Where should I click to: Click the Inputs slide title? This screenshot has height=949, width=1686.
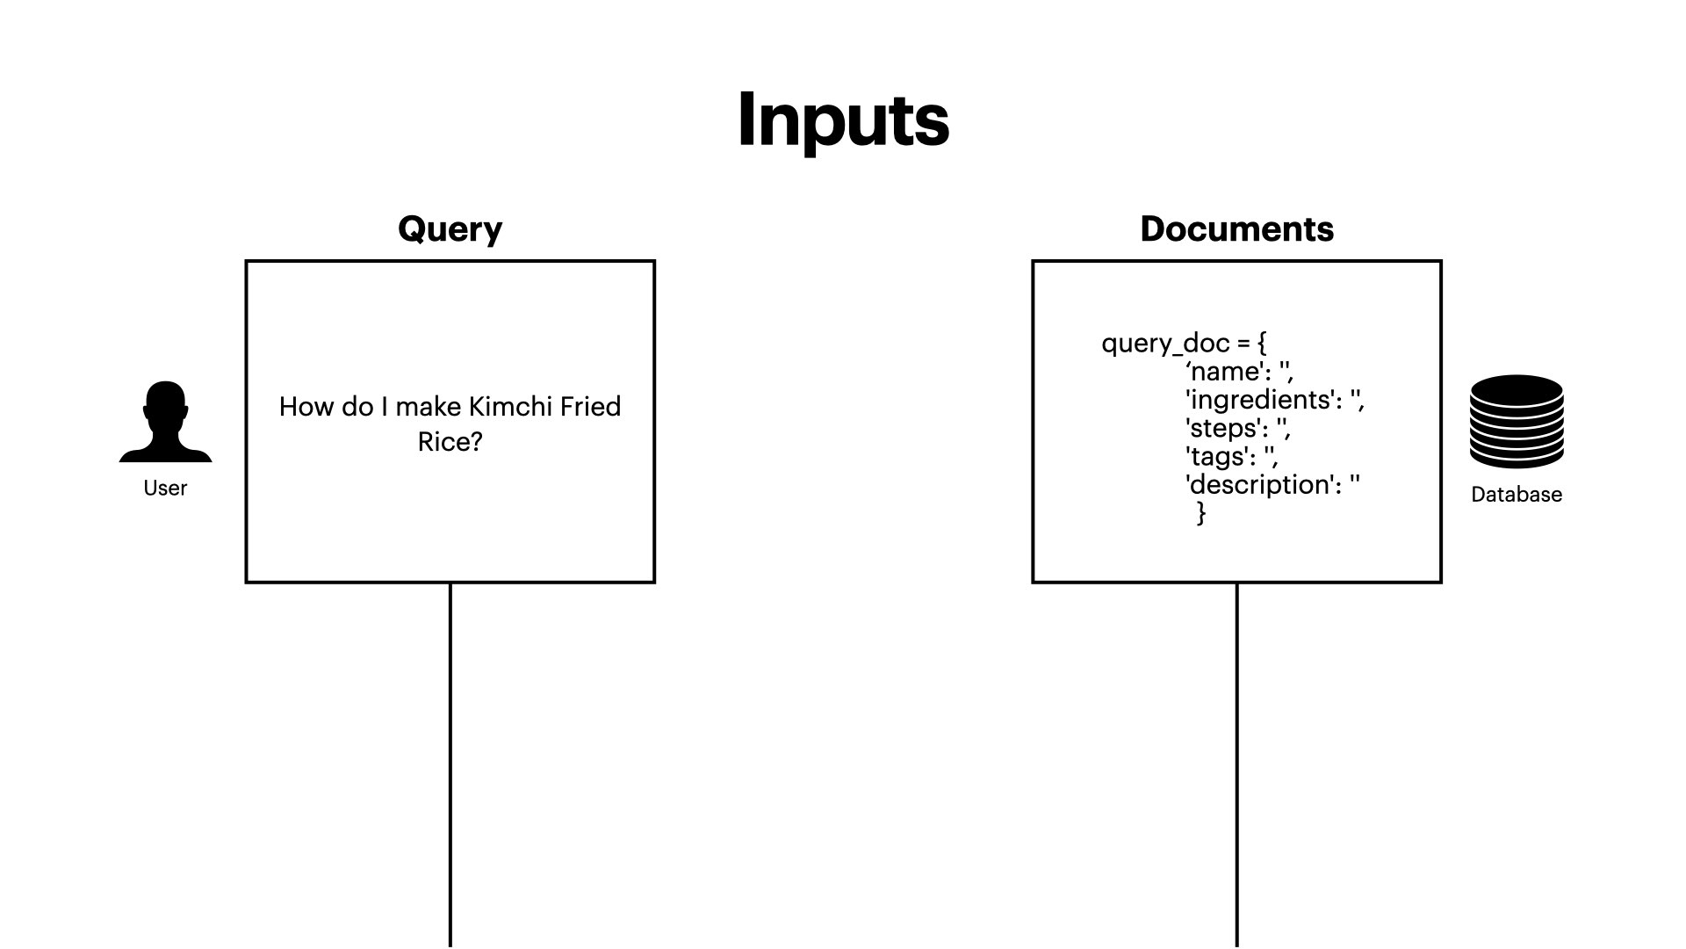[843, 120]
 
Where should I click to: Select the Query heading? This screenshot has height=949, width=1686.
[450, 229]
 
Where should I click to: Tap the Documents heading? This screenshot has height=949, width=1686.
[1236, 229]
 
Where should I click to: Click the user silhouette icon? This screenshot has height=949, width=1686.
[165, 422]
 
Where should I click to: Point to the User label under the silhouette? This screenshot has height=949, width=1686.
[165, 489]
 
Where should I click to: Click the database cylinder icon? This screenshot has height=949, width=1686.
[1516, 422]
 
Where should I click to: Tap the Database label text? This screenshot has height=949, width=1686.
[1516, 495]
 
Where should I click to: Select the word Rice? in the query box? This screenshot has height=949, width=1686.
[450, 442]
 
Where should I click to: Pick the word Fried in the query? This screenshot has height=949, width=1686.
[590, 407]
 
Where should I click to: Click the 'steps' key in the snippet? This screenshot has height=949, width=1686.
[1224, 429]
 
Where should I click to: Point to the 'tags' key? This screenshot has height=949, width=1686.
[1219, 457]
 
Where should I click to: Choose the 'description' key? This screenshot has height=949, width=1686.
[1259, 485]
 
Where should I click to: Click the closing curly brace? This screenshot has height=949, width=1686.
[1201, 512]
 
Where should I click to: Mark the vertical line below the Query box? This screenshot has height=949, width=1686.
[450, 764]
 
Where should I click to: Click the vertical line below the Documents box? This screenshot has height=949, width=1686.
[1237, 764]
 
